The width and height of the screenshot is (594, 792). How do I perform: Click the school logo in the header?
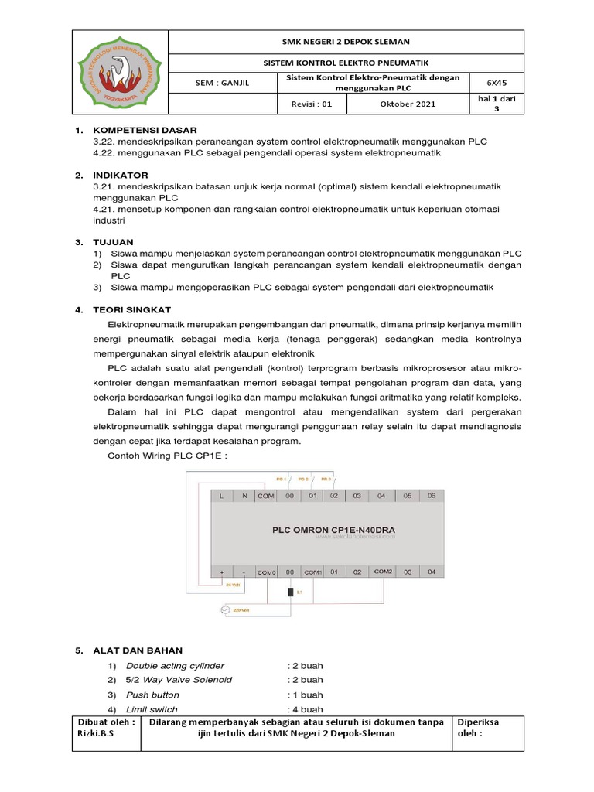[119, 73]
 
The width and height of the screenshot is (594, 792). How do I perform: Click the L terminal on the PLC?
[221, 495]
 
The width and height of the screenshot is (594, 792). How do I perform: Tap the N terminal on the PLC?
[244, 495]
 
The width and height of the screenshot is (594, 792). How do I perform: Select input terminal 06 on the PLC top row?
[432, 495]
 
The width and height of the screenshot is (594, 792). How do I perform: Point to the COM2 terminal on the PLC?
[383, 571]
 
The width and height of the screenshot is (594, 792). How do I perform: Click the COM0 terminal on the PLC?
[267, 572]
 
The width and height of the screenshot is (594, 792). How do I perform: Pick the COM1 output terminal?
[312, 572]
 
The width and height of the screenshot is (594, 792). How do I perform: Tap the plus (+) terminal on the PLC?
[222, 572]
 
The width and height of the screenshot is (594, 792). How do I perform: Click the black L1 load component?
[289, 592]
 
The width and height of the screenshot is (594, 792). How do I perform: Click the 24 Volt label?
[233, 585]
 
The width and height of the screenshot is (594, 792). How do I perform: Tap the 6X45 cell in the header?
[494, 83]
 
